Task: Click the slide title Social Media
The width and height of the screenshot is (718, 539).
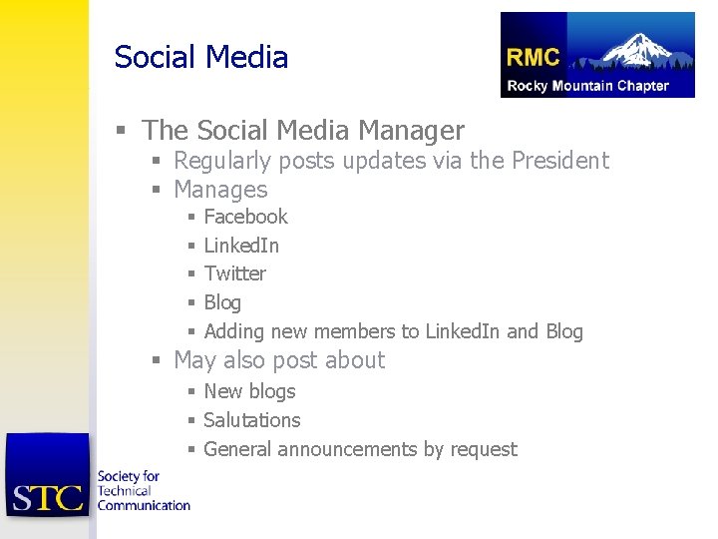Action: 200,57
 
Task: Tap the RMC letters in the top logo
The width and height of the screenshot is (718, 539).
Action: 534,58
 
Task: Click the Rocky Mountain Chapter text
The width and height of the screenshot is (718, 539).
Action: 587,86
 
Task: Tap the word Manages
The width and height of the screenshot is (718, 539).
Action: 220,190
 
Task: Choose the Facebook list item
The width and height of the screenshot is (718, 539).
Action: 245,217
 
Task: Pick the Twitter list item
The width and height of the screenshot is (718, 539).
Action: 234,273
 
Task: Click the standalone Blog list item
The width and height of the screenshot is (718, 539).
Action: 222,302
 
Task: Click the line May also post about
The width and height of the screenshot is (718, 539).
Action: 279,360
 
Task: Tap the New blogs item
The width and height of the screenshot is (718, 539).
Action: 249,391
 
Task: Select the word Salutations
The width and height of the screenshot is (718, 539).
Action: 251,420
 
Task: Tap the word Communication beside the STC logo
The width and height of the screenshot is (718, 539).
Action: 144,505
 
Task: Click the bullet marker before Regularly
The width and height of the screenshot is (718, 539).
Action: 157,162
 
